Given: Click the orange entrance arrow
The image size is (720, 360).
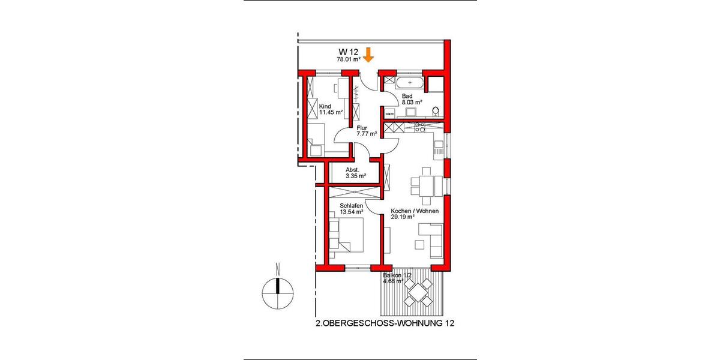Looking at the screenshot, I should click(x=368, y=55).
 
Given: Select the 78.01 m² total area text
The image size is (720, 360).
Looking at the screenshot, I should click(x=348, y=59).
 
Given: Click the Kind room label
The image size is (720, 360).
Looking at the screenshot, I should click(x=325, y=106).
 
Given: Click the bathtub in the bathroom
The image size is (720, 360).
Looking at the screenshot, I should click(x=410, y=82).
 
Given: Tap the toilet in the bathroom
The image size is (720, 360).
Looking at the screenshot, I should click(x=436, y=110).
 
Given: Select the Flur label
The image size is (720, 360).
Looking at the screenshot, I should click(x=362, y=127).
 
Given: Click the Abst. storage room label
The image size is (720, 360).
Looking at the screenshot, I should click(x=352, y=170).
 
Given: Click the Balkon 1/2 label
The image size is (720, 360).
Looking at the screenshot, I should click(x=398, y=275).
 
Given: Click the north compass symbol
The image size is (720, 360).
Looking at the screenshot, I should click(x=277, y=292).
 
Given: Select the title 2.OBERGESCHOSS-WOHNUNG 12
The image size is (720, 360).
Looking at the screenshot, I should click(x=384, y=324).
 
